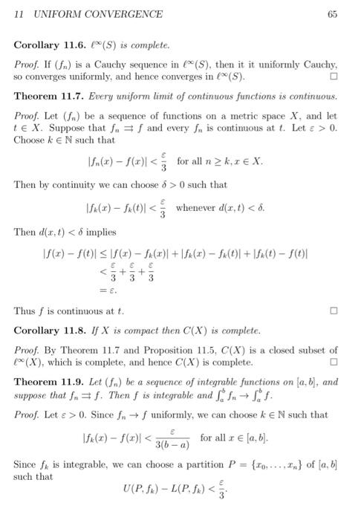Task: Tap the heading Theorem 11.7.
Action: [48, 97]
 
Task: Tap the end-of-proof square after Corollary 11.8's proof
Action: [334, 362]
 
